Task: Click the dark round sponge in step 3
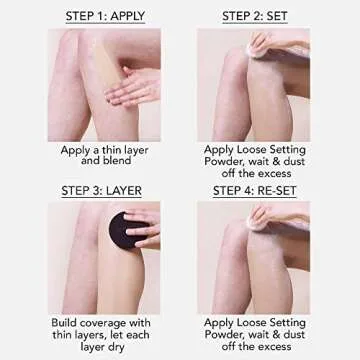click(132, 241)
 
